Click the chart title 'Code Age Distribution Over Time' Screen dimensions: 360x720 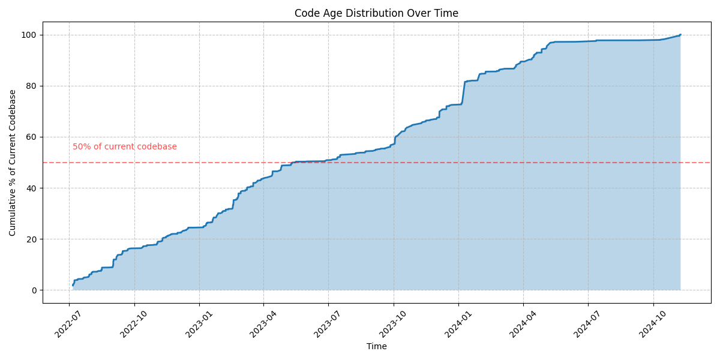(x=376, y=13)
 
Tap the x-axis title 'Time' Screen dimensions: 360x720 (x=376, y=346)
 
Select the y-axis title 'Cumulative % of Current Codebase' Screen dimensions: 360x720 (x=13, y=163)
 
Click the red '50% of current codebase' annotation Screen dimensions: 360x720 (x=125, y=147)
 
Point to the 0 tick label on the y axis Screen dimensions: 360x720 (x=35, y=290)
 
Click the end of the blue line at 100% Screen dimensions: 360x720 (x=680, y=35)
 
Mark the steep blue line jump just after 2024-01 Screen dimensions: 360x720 (x=463, y=93)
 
